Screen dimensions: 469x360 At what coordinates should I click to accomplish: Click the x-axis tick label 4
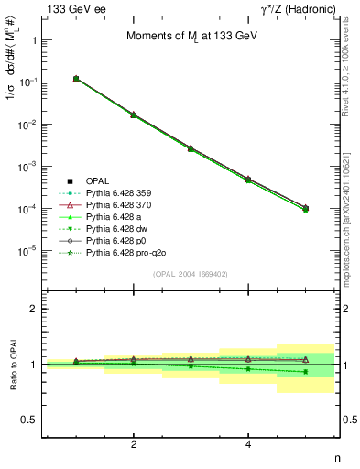click(248, 444)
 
